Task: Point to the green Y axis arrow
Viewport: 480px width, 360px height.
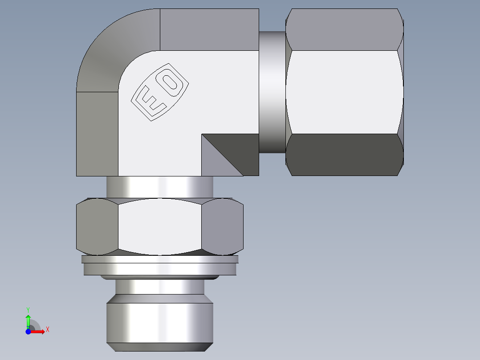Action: [28, 320]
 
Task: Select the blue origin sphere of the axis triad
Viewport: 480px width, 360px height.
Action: [28, 331]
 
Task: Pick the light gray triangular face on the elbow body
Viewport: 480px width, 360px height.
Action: [214, 163]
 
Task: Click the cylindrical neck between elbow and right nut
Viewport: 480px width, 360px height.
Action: [272, 91]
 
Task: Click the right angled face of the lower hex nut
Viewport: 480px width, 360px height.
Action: [222, 226]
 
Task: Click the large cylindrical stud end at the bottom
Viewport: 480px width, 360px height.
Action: [159, 323]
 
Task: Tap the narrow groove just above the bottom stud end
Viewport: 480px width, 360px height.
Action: [159, 287]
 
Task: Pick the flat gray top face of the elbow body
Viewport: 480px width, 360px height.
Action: [209, 29]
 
